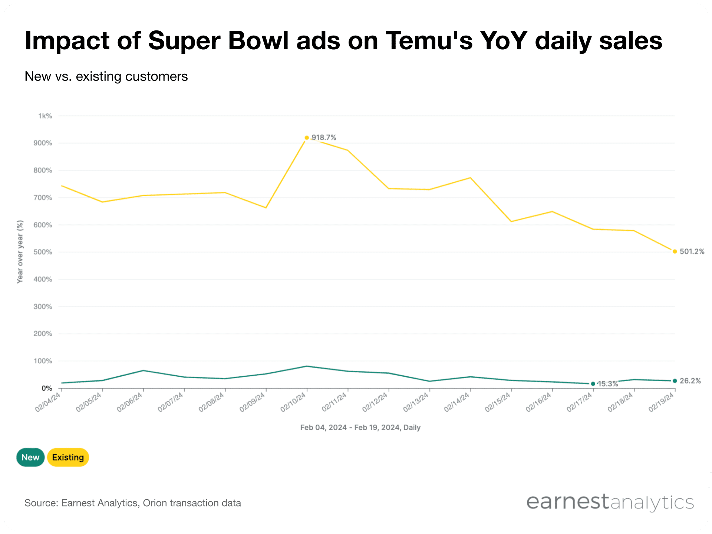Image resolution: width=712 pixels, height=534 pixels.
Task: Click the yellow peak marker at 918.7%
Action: coord(307,138)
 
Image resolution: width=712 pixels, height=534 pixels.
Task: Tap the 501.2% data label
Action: coord(692,251)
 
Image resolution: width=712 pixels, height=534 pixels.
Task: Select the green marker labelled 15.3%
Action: coord(593,384)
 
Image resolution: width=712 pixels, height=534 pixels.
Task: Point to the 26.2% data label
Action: coord(690,381)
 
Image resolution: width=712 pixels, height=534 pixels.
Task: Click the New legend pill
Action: coord(30,457)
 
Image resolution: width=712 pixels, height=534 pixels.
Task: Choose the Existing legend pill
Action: coord(68,457)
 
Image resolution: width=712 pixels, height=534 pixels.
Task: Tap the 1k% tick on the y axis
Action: coord(45,116)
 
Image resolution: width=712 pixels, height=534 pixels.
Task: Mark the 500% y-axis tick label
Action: coord(43,252)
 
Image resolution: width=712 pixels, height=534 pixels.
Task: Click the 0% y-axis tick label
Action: coord(47,388)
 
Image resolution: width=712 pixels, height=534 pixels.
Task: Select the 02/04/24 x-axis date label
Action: coord(48,402)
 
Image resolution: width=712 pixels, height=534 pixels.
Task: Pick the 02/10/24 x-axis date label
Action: coord(293,402)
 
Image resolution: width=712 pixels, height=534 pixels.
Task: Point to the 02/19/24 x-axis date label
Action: coord(661,402)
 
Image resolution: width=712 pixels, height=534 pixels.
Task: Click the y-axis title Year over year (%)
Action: coord(20,252)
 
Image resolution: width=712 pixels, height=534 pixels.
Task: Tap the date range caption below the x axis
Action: coord(360,428)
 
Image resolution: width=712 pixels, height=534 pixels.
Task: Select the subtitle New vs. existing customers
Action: coord(106,76)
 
